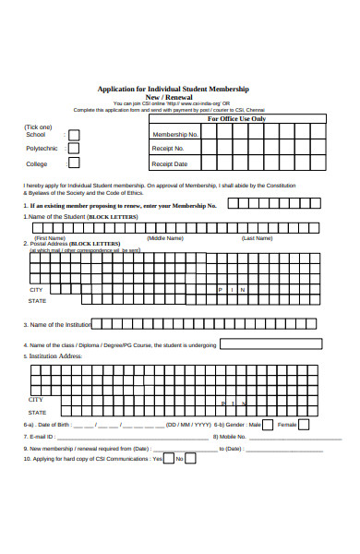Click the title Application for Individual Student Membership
[180, 89]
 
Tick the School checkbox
[74, 135]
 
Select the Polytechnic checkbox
[74, 149]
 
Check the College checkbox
[74, 163]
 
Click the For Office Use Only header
[236, 119]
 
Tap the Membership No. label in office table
[174, 134]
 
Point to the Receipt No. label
[168, 149]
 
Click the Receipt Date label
[170, 163]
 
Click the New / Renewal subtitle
[180, 97]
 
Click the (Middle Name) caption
[165, 237]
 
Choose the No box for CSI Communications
[192, 459]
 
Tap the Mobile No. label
[229, 437]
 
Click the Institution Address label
[55, 355]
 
